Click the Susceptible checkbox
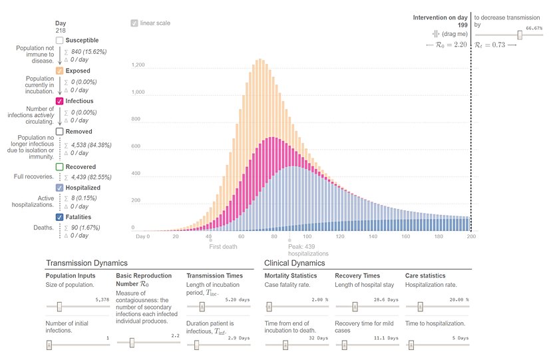60,41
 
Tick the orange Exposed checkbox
60,71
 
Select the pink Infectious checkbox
60,101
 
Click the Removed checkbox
60,132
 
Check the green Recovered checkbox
60,167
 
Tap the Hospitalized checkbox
60,188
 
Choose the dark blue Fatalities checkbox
60,217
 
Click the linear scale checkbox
134,23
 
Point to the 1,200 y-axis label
138,65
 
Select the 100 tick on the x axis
307,236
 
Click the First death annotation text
224,246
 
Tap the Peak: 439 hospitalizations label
308,250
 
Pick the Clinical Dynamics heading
295,263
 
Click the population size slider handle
59,307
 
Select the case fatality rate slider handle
270,307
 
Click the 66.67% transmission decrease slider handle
520,35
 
